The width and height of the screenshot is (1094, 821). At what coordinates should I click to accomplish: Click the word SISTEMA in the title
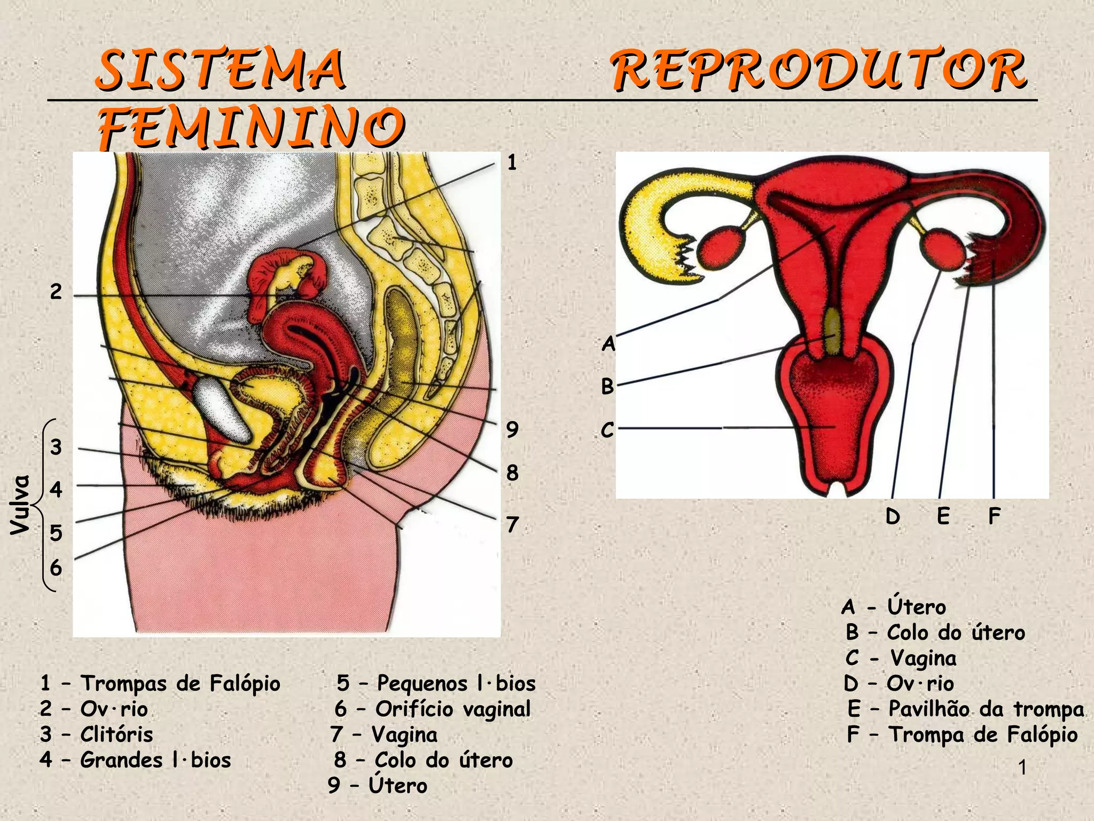pyautogui.click(x=221, y=69)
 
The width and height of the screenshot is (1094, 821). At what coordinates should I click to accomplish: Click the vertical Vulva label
pyautogui.click(x=20, y=505)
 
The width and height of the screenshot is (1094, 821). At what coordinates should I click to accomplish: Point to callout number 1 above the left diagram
pyautogui.click(x=512, y=162)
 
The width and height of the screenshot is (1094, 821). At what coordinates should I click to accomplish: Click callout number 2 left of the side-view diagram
pyautogui.click(x=56, y=292)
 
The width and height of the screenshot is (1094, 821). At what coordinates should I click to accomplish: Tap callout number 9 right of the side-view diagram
pyautogui.click(x=512, y=429)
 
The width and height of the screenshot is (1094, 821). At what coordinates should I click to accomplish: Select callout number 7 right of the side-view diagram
pyautogui.click(x=512, y=524)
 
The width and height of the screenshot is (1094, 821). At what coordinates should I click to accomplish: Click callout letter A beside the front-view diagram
pyautogui.click(x=608, y=344)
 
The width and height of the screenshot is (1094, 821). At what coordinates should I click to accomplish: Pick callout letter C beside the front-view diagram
pyautogui.click(x=607, y=430)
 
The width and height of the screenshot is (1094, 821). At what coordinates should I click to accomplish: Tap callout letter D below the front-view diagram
pyautogui.click(x=893, y=516)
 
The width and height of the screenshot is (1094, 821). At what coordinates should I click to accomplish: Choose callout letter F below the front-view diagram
pyautogui.click(x=994, y=516)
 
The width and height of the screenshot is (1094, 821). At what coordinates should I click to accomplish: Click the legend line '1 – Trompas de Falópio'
pyautogui.click(x=160, y=683)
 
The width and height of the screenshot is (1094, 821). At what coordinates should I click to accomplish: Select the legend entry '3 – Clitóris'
pyautogui.click(x=97, y=734)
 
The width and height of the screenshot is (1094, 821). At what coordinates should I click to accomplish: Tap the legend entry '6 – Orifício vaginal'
pyautogui.click(x=433, y=709)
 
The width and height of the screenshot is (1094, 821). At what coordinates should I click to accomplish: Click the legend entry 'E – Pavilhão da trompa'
pyautogui.click(x=966, y=709)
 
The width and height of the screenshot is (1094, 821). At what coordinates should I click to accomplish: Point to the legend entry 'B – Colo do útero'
pyautogui.click(x=935, y=632)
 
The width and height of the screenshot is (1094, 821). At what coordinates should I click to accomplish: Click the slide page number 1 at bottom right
pyautogui.click(x=1022, y=768)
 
